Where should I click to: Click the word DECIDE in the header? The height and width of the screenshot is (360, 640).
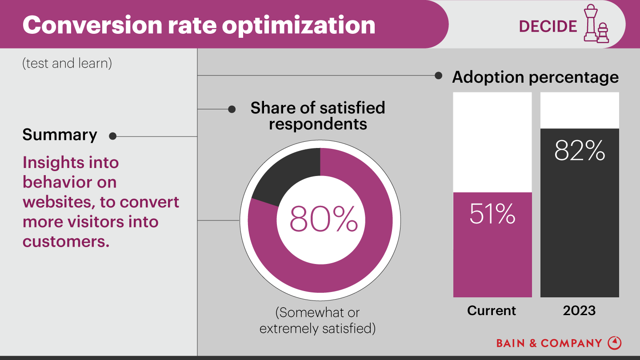(x=548, y=26)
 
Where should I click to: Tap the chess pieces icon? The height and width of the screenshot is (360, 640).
(x=596, y=24)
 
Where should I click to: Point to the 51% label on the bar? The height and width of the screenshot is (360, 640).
(x=492, y=214)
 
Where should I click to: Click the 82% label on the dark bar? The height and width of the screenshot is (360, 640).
(x=580, y=151)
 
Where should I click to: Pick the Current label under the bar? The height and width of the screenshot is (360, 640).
(x=492, y=310)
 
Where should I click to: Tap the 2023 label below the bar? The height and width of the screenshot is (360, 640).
(x=579, y=310)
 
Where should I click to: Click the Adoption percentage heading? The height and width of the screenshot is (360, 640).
(x=535, y=77)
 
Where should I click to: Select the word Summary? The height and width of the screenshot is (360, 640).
(x=60, y=135)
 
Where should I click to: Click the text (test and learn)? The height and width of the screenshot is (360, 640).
(x=67, y=64)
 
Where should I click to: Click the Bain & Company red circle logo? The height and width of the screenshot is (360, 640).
(x=615, y=343)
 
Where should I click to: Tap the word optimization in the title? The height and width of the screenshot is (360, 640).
(x=299, y=25)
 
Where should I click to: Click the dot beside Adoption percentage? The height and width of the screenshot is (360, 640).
(x=438, y=76)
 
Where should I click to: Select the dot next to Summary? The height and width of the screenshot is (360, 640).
(x=112, y=136)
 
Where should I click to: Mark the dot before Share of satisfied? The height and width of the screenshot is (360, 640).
(x=232, y=109)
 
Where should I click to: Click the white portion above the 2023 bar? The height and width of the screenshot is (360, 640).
(x=580, y=110)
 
